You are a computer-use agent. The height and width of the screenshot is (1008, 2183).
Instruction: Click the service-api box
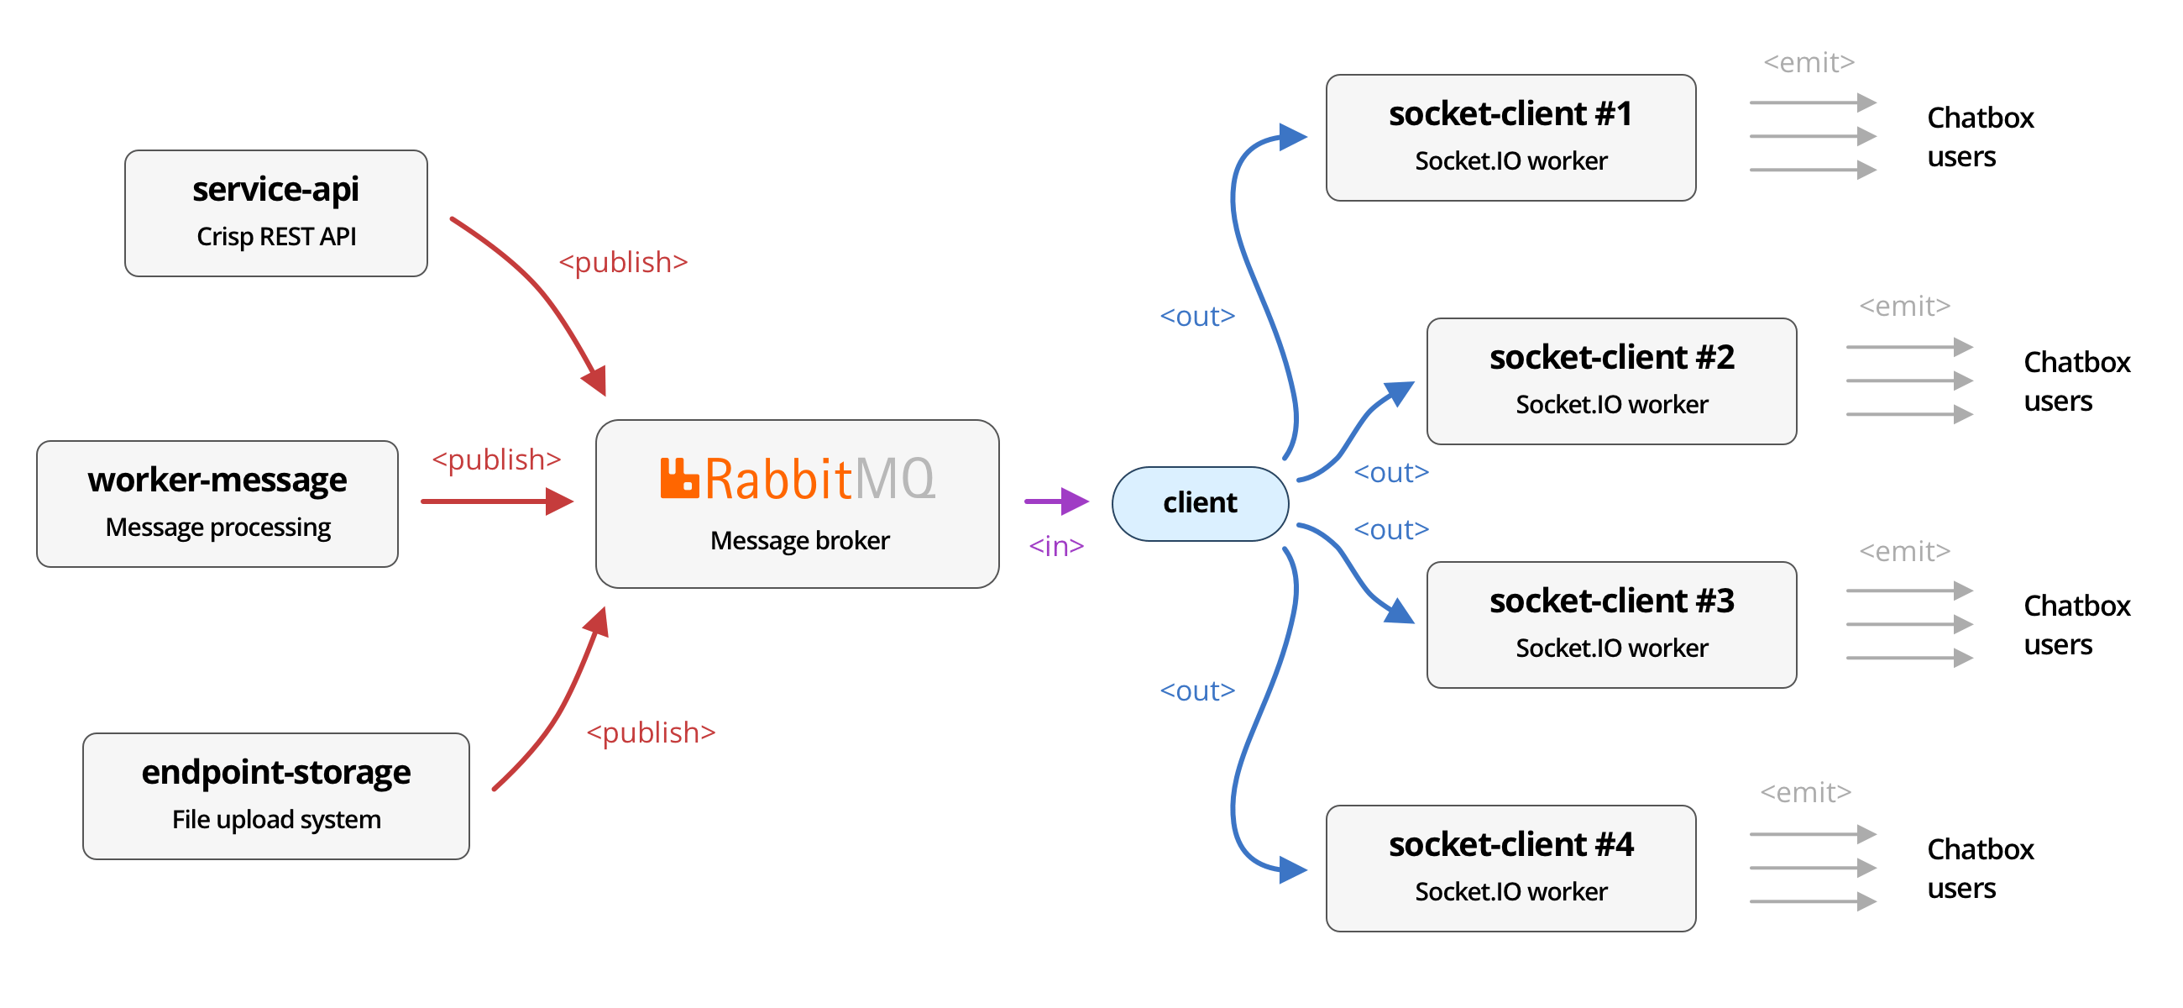[x=276, y=213]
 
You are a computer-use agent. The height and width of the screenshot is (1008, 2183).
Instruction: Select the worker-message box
[x=217, y=503]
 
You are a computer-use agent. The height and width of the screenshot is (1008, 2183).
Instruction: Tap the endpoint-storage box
[x=276, y=796]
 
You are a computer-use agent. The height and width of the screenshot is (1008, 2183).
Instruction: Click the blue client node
[x=1200, y=503]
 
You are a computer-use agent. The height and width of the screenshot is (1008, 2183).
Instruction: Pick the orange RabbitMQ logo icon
[x=678, y=478]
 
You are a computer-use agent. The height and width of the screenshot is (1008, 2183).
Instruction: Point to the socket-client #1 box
[x=1511, y=137]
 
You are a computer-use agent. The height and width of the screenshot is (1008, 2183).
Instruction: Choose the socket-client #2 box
[x=1612, y=381]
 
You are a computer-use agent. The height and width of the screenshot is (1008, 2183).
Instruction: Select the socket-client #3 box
[x=1612, y=625]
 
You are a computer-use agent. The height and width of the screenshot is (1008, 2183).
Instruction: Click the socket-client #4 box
[x=1511, y=868]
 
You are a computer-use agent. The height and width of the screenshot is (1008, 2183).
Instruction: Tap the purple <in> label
[x=1056, y=546]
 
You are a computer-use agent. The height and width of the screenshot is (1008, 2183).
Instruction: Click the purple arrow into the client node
[x=1057, y=501]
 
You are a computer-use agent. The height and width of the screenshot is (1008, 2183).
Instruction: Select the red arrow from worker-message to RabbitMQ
[x=497, y=501]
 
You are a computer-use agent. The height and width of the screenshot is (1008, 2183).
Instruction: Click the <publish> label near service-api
[x=623, y=262]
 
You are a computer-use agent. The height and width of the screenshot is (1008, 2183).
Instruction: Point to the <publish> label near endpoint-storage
[x=651, y=732]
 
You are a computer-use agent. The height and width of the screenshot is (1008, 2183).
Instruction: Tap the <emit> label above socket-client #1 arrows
[x=1809, y=62]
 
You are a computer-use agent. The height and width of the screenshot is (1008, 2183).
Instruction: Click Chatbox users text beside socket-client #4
[x=1981, y=868]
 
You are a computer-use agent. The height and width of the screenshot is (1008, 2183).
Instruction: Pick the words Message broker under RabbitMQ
[x=800, y=540]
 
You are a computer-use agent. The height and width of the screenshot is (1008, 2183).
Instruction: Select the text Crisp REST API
[x=276, y=237]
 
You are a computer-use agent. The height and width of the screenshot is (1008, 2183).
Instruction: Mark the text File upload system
[x=276, y=820]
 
